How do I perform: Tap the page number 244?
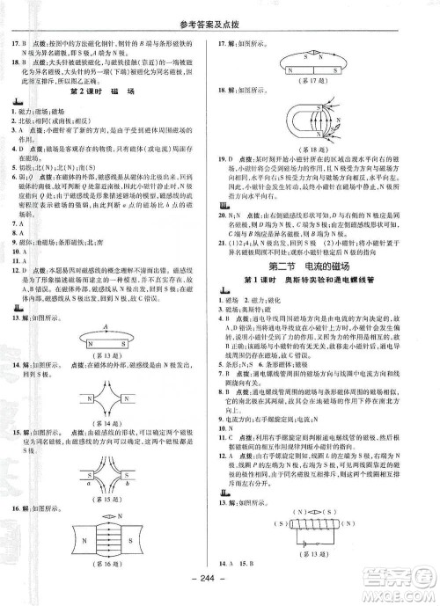pos(220,589)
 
